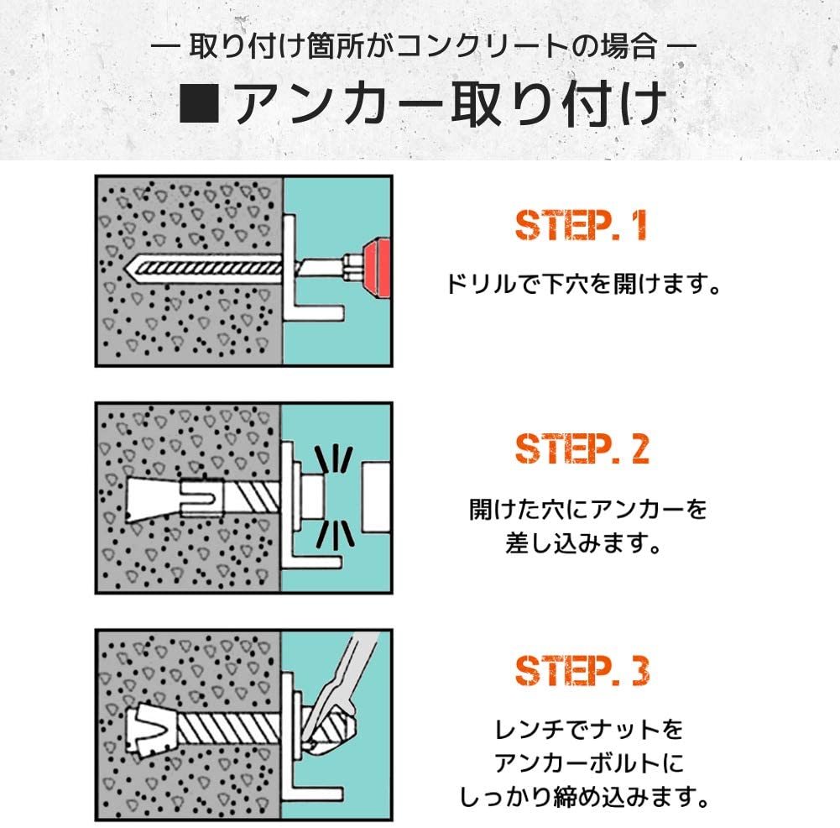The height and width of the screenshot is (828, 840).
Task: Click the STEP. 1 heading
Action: (581, 225)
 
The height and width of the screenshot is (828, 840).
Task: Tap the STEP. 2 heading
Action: (582, 448)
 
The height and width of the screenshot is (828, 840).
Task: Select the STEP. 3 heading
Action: (582, 670)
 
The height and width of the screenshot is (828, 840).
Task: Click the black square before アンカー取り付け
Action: (199, 102)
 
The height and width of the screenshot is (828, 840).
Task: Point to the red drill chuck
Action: (376, 268)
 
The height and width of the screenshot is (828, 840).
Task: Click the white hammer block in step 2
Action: (375, 497)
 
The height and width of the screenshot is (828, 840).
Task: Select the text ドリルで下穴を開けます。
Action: (583, 284)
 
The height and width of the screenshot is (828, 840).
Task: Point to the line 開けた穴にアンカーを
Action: (587, 509)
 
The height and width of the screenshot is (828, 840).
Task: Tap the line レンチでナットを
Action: (588, 730)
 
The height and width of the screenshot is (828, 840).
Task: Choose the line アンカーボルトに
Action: (588, 763)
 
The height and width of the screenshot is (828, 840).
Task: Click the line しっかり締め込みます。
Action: (584, 798)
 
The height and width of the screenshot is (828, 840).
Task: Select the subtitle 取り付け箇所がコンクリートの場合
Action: (423, 46)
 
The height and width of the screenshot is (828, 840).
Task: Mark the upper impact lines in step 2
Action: (333, 460)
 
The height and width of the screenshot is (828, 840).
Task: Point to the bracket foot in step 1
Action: (314, 312)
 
